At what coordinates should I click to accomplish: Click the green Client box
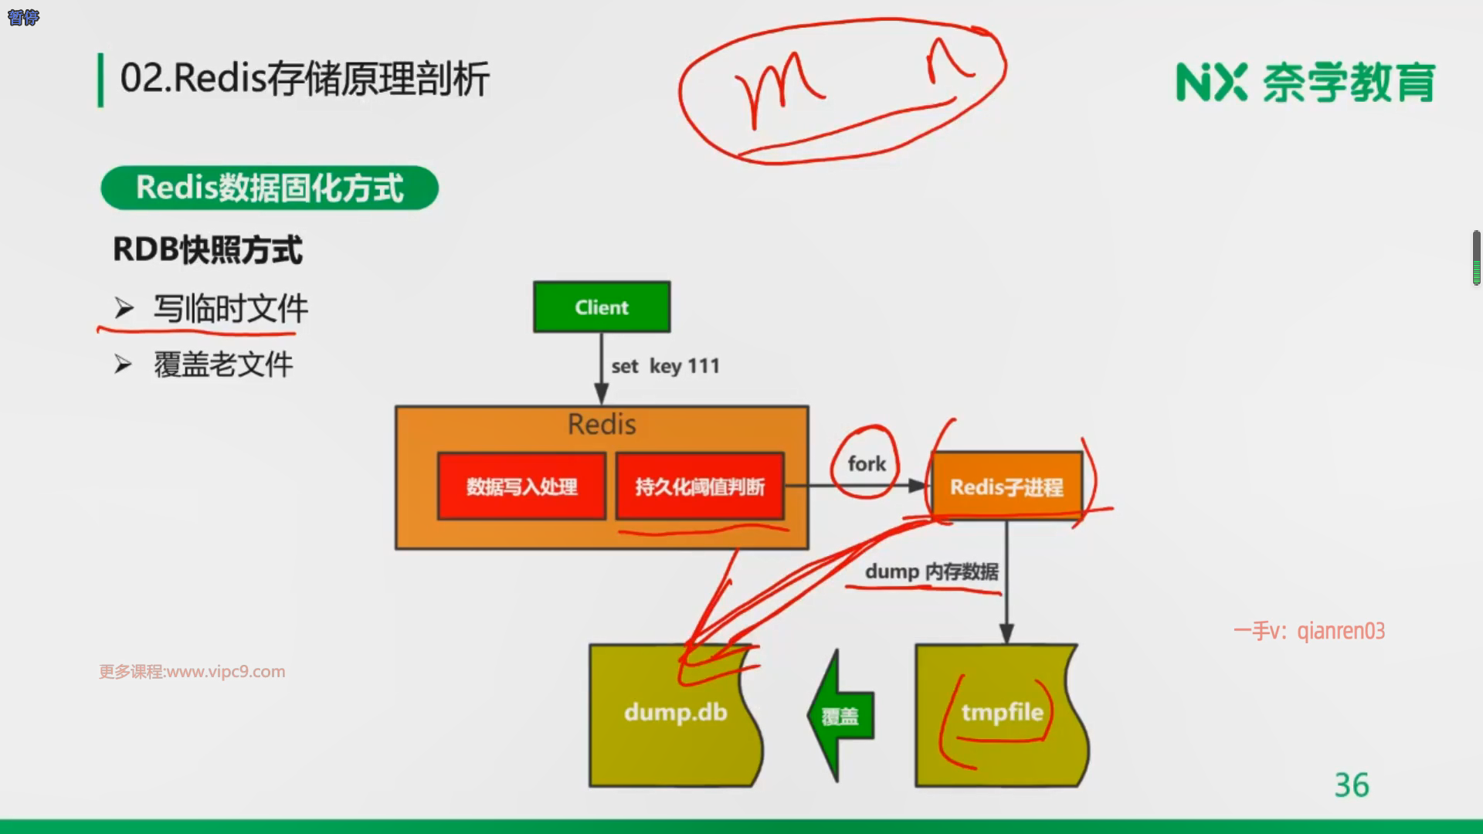[x=602, y=307]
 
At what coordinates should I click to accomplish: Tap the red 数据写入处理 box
[x=521, y=486]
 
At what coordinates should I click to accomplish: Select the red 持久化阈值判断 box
[x=700, y=486]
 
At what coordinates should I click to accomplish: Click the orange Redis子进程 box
[x=1006, y=487]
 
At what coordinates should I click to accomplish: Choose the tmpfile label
[x=1002, y=712]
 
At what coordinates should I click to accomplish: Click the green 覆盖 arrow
[x=840, y=717]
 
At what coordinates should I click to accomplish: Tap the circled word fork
[x=866, y=463]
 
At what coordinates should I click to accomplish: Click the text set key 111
[x=665, y=366]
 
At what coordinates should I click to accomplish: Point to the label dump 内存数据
[x=932, y=571]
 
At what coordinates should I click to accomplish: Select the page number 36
[x=1351, y=785]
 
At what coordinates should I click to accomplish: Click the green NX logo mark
[x=1211, y=83]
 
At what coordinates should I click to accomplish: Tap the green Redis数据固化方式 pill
[x=270, y=188]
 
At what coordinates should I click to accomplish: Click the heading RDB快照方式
[x=208, y=249]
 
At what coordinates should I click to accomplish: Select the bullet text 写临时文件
[x=230, y=309]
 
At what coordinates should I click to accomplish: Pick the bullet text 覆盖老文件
[x=223, y=364]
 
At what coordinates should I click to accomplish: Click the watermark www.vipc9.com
[x=226, y=672]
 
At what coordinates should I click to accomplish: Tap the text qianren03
[x=1341, y=631]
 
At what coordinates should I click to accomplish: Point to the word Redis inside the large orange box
[x=602, y=424]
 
